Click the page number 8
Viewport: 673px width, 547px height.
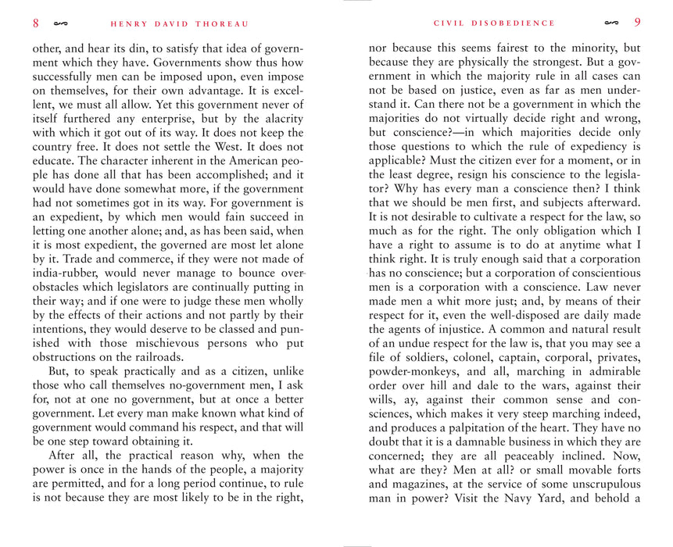coord(36,23)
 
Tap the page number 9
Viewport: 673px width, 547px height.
coord(638,23)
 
